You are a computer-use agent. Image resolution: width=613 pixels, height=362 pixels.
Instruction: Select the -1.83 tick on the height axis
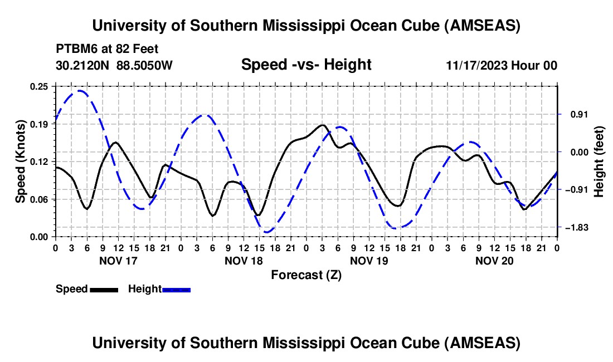coord(576,228)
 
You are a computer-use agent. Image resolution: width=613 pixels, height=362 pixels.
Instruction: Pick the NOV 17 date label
coord(118,260)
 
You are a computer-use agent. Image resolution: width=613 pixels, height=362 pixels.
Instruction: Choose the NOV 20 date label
coord(494,260)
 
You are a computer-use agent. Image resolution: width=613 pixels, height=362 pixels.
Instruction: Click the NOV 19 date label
coord(368,260)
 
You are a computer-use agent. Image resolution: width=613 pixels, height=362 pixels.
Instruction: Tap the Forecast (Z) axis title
coord(306,275)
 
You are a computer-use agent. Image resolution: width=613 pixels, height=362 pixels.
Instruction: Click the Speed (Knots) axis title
coord(20,162)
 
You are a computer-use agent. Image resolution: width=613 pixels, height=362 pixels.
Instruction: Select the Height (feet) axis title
coord(599,162)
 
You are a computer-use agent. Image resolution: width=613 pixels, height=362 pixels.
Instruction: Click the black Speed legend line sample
coord(104,289)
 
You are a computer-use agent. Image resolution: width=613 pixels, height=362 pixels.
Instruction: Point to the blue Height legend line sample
coord(176,289)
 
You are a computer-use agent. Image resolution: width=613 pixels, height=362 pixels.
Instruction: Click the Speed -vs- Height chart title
coord(306,65)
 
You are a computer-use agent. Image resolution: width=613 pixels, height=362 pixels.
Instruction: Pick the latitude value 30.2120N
coord(83,65)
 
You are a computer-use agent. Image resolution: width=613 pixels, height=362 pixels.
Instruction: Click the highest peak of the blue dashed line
coord(80,91)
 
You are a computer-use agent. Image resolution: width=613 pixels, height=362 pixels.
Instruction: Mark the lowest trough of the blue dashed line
coord(267,232)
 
